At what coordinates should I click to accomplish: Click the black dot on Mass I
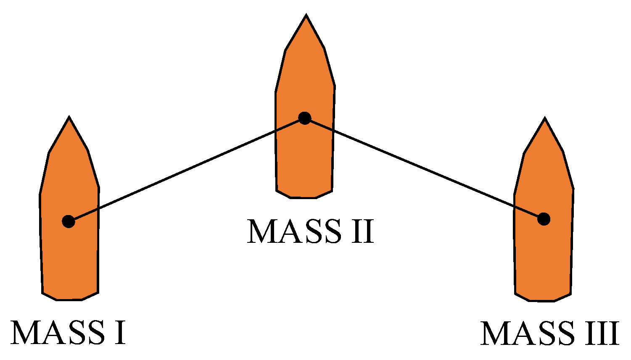[x=69, y=221]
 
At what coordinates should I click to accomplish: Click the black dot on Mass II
[x=304, y=118]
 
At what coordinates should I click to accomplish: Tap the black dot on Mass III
[x=544, y=219]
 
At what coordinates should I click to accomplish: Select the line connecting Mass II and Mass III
[x=425, y=169]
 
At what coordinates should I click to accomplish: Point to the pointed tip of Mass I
[x=69, y=118]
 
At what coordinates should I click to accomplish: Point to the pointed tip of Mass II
[x=306, y=16]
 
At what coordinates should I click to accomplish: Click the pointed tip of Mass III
[x=545, y=119]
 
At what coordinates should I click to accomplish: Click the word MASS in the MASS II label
[x=294, y=231]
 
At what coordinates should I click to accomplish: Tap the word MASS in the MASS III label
[x=528, y=334]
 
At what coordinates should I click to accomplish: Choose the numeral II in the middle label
[x=362, y=231]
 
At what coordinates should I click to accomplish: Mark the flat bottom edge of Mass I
[x=69, y=300]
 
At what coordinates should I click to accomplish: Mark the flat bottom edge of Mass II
[x=304, y=197]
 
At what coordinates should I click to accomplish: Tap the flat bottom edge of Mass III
[x=542, y=301]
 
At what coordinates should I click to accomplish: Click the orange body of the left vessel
[x=69, y=260]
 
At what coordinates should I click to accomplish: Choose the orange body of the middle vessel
[x=305, y=160]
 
